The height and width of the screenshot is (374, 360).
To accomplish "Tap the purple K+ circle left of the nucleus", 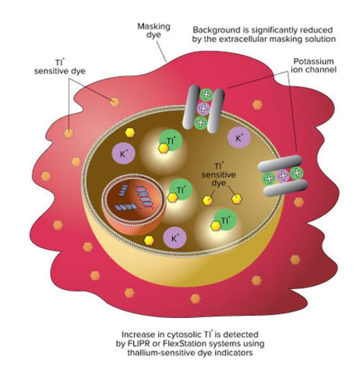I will click(123, 153).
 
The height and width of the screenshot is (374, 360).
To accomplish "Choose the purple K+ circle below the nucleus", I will click(174, 239).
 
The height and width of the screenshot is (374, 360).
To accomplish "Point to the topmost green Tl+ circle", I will click(169, 140).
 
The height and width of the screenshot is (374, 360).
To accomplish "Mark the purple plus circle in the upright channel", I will click(205, 108).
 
